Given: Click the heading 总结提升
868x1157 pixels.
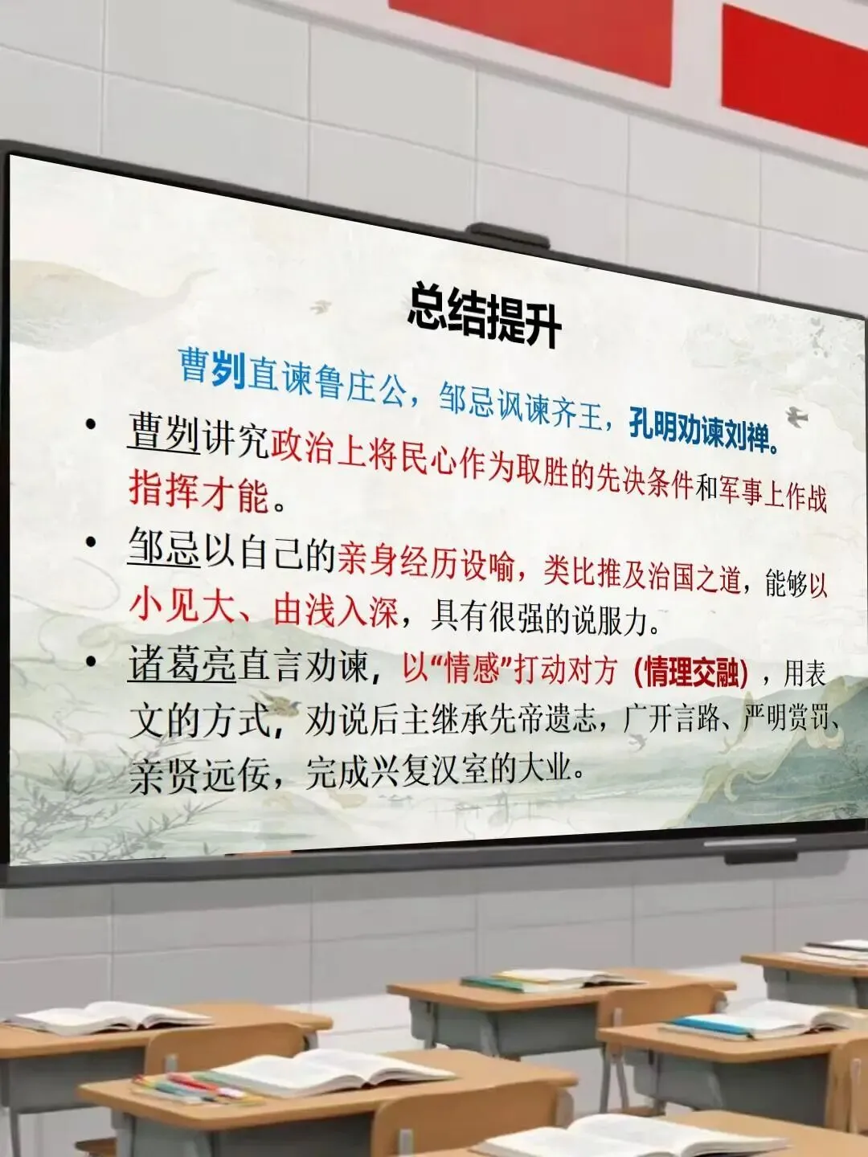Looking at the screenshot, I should point(484,316).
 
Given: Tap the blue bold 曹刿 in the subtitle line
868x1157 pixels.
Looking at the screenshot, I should point(211,368).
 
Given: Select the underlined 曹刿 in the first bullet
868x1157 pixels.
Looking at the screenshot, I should point(163,433).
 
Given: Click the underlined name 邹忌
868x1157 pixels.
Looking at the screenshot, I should point(163,549).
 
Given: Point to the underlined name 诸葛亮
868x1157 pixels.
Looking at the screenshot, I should point(182,665).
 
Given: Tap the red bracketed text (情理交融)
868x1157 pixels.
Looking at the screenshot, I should point(690,673).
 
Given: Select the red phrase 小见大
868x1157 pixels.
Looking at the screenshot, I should point(181,607).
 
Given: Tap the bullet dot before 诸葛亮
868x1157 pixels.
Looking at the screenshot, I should point(92,661).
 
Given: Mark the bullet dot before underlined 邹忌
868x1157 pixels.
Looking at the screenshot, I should point(92,543).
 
